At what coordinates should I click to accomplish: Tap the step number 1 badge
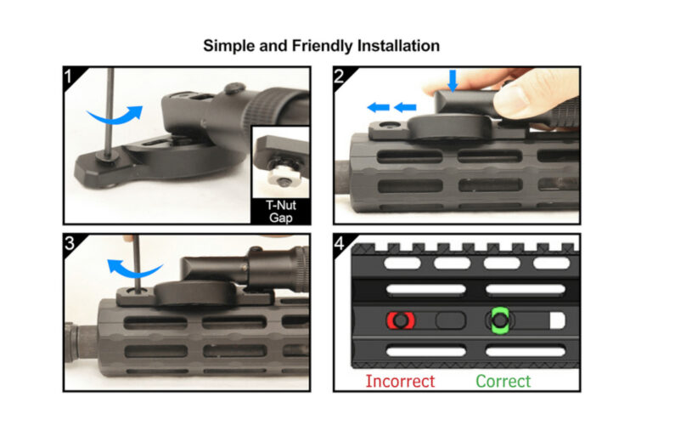(x=71, y=77)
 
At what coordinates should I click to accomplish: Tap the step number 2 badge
(x=340, y=77)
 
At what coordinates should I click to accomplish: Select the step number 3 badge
(x=71, y=245)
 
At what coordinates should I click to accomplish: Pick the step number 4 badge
(x=340, y=245)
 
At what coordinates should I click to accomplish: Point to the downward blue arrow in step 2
(x=453, y=81)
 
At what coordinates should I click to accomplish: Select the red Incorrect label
(x=400, y=381)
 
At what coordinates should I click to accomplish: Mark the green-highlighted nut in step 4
(x=500, y=321)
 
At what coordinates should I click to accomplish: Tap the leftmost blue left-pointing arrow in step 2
(x=376, y=107)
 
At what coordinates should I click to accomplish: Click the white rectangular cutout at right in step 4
(x=559, y=321)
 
